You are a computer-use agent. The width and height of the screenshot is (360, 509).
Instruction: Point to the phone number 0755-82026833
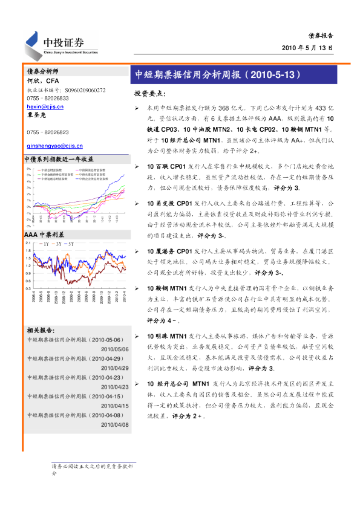[x=48, y=97]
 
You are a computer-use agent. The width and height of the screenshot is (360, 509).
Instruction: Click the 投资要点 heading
[x=149, y=94]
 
